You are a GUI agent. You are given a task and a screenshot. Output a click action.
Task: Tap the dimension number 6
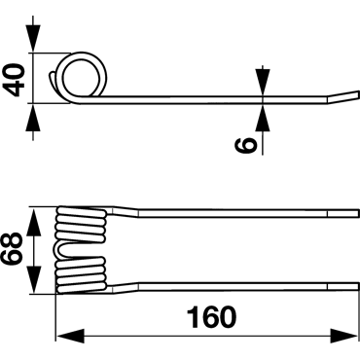(245, 145)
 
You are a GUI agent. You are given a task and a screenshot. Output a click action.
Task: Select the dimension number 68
(12, 249)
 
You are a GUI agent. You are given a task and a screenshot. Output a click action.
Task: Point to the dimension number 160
(211, 317)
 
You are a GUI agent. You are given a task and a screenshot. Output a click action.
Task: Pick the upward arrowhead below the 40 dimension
(33, 118)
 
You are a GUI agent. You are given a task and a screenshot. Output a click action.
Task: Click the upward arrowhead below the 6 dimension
(263, 118)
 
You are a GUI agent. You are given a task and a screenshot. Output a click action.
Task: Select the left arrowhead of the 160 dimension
(70, 336)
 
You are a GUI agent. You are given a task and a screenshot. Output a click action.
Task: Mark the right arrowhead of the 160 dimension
(343, 336)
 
